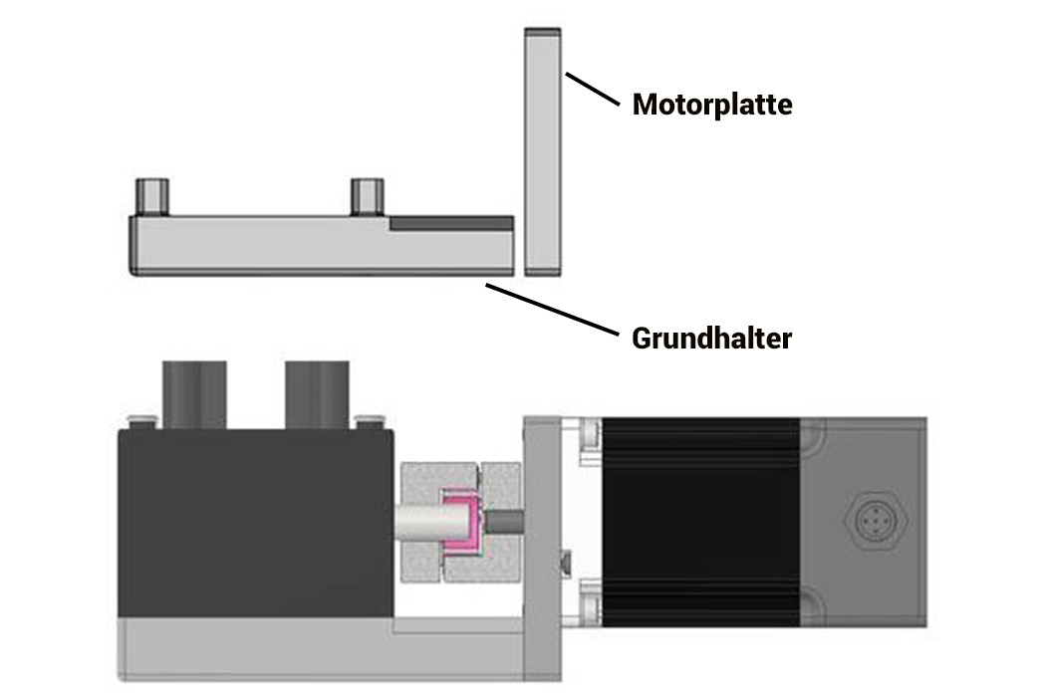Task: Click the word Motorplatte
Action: pyautogui.click(x=712, y=105)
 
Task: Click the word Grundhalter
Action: pyautogui.click(x=711, y=339)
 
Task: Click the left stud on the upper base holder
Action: pyautogui.click(x=152, y=196)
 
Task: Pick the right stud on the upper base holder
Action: pyautogui.click(x=368, y=196)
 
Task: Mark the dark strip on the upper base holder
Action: pyautogui.click(x=451, y=223)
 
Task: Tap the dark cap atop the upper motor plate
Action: pyautogui.click(x=543, y=31)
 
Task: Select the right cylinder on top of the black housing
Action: pyautogui.click(x=316, y=393)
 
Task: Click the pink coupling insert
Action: pyautogui.click(x=461, y=524)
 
